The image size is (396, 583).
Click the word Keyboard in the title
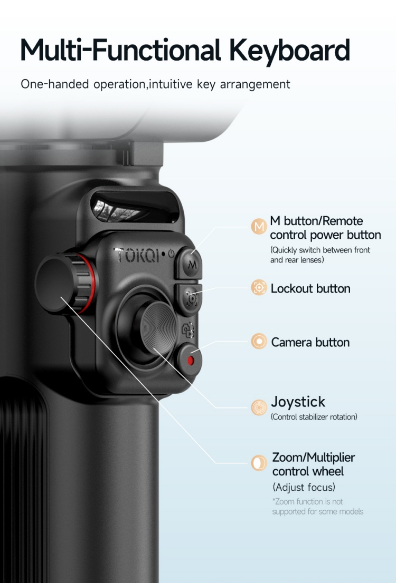(289, 51)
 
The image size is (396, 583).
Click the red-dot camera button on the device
(191, 361)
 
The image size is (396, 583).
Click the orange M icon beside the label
(259, 227)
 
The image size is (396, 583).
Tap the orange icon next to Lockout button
(259, 288)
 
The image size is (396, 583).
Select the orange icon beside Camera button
(259, 342)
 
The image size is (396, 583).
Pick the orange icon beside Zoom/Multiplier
(259, 463)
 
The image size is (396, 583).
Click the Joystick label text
(298, 402)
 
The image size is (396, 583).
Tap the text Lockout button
(310, 288)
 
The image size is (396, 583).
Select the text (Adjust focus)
(304, 487)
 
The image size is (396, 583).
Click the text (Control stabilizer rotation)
(314, 417)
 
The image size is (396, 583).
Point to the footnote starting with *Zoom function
(317, 507)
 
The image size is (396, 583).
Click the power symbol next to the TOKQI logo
(171, 254)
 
